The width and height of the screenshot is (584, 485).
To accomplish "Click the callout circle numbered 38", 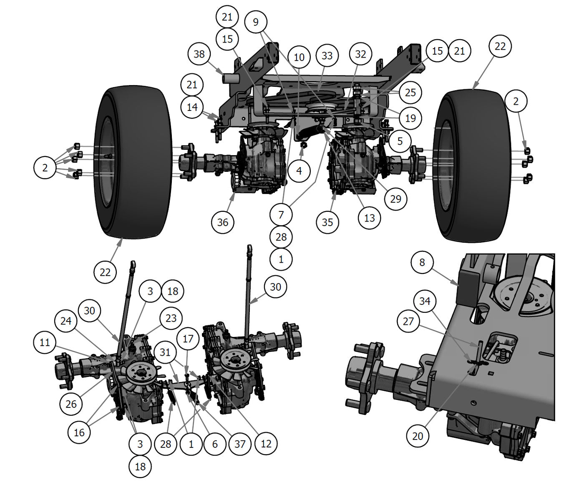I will point(199,54).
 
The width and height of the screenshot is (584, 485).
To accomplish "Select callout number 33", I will point(327,55).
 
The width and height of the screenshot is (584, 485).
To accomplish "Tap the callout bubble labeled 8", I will point(422,262).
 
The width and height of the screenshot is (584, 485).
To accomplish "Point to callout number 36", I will point(222,222).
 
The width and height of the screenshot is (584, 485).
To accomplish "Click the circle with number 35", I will point(327,222).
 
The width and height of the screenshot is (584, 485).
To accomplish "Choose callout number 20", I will point(418,436).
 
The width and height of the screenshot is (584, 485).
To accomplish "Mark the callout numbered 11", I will point(45,342).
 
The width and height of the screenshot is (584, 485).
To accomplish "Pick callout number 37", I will point(240,444).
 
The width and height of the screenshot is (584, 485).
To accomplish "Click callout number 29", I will point(395,199).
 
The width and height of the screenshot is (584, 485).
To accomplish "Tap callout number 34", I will point(425,301).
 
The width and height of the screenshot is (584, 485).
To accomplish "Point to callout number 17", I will point(188,339).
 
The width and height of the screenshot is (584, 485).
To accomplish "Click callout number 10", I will point(299,57).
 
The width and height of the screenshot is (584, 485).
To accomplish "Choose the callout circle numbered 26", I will point(71,404).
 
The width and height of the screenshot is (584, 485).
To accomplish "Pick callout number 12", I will point(266,444).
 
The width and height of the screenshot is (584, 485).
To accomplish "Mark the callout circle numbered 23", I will point(171,318).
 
